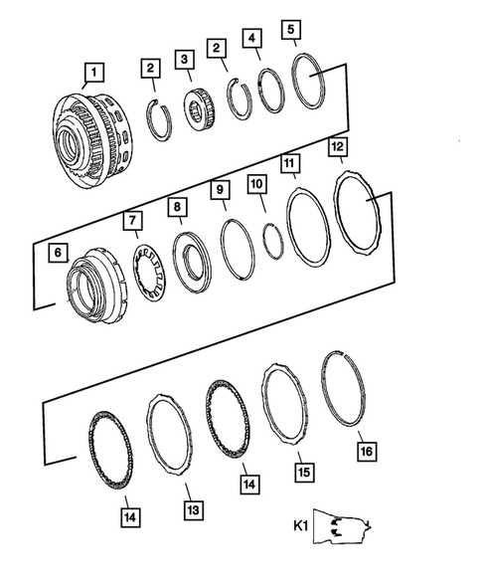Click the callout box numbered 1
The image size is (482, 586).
[x=92, y=71]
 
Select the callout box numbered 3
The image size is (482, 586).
[x=185, y=61]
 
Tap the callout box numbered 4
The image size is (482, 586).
[x=255, y=40]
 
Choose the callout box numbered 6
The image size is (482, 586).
[x=59, y=254]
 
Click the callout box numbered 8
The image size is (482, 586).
[x=176, y=207]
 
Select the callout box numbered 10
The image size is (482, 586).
[x=257, y=185]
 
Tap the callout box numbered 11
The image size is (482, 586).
[x=290, y=161]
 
